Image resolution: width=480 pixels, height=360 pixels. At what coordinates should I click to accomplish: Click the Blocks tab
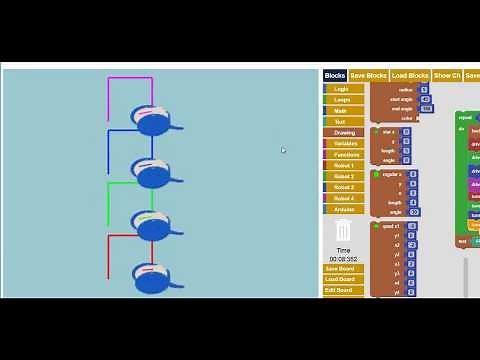click(335, 75)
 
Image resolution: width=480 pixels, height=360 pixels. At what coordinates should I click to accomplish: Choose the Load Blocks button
click(410, 75)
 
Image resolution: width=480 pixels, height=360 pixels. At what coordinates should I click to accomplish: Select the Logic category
click(343, 89)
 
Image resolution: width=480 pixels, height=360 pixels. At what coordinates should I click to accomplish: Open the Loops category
click(343, 100)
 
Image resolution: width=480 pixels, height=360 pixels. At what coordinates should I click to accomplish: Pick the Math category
click(343, 111)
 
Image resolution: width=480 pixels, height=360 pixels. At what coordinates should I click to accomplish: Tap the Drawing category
click(343, 132)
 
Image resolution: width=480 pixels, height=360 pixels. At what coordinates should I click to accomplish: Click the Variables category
click(343, 143)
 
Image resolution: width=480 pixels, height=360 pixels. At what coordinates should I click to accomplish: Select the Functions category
click(343, 154)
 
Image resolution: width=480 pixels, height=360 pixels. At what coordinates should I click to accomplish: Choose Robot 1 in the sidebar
click(343, 165)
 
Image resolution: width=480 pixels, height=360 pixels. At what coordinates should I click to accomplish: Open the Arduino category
click(343, 209)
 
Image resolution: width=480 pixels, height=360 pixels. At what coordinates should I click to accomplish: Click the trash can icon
click(343, 231)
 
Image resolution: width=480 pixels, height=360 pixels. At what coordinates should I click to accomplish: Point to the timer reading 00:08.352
click(343, 258)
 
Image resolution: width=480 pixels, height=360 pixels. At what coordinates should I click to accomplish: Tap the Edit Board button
click(339, 290)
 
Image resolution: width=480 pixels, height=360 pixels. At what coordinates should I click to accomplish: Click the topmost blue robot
click(153, 121)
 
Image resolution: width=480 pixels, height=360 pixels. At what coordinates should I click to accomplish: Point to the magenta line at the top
click(130, 78)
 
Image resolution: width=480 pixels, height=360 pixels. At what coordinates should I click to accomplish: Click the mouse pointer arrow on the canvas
click(283, 150)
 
